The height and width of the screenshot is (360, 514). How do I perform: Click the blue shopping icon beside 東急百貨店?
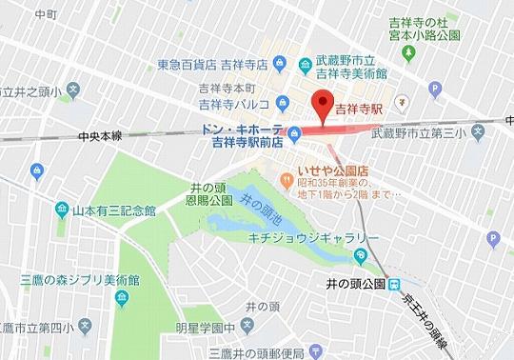pyautogui.click(x=278, y=65)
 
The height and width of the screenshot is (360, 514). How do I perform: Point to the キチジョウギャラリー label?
pyautogui.click(x=303, y=233)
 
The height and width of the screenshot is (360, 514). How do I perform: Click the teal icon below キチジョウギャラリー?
pyautogui.click(x=361, y=255)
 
